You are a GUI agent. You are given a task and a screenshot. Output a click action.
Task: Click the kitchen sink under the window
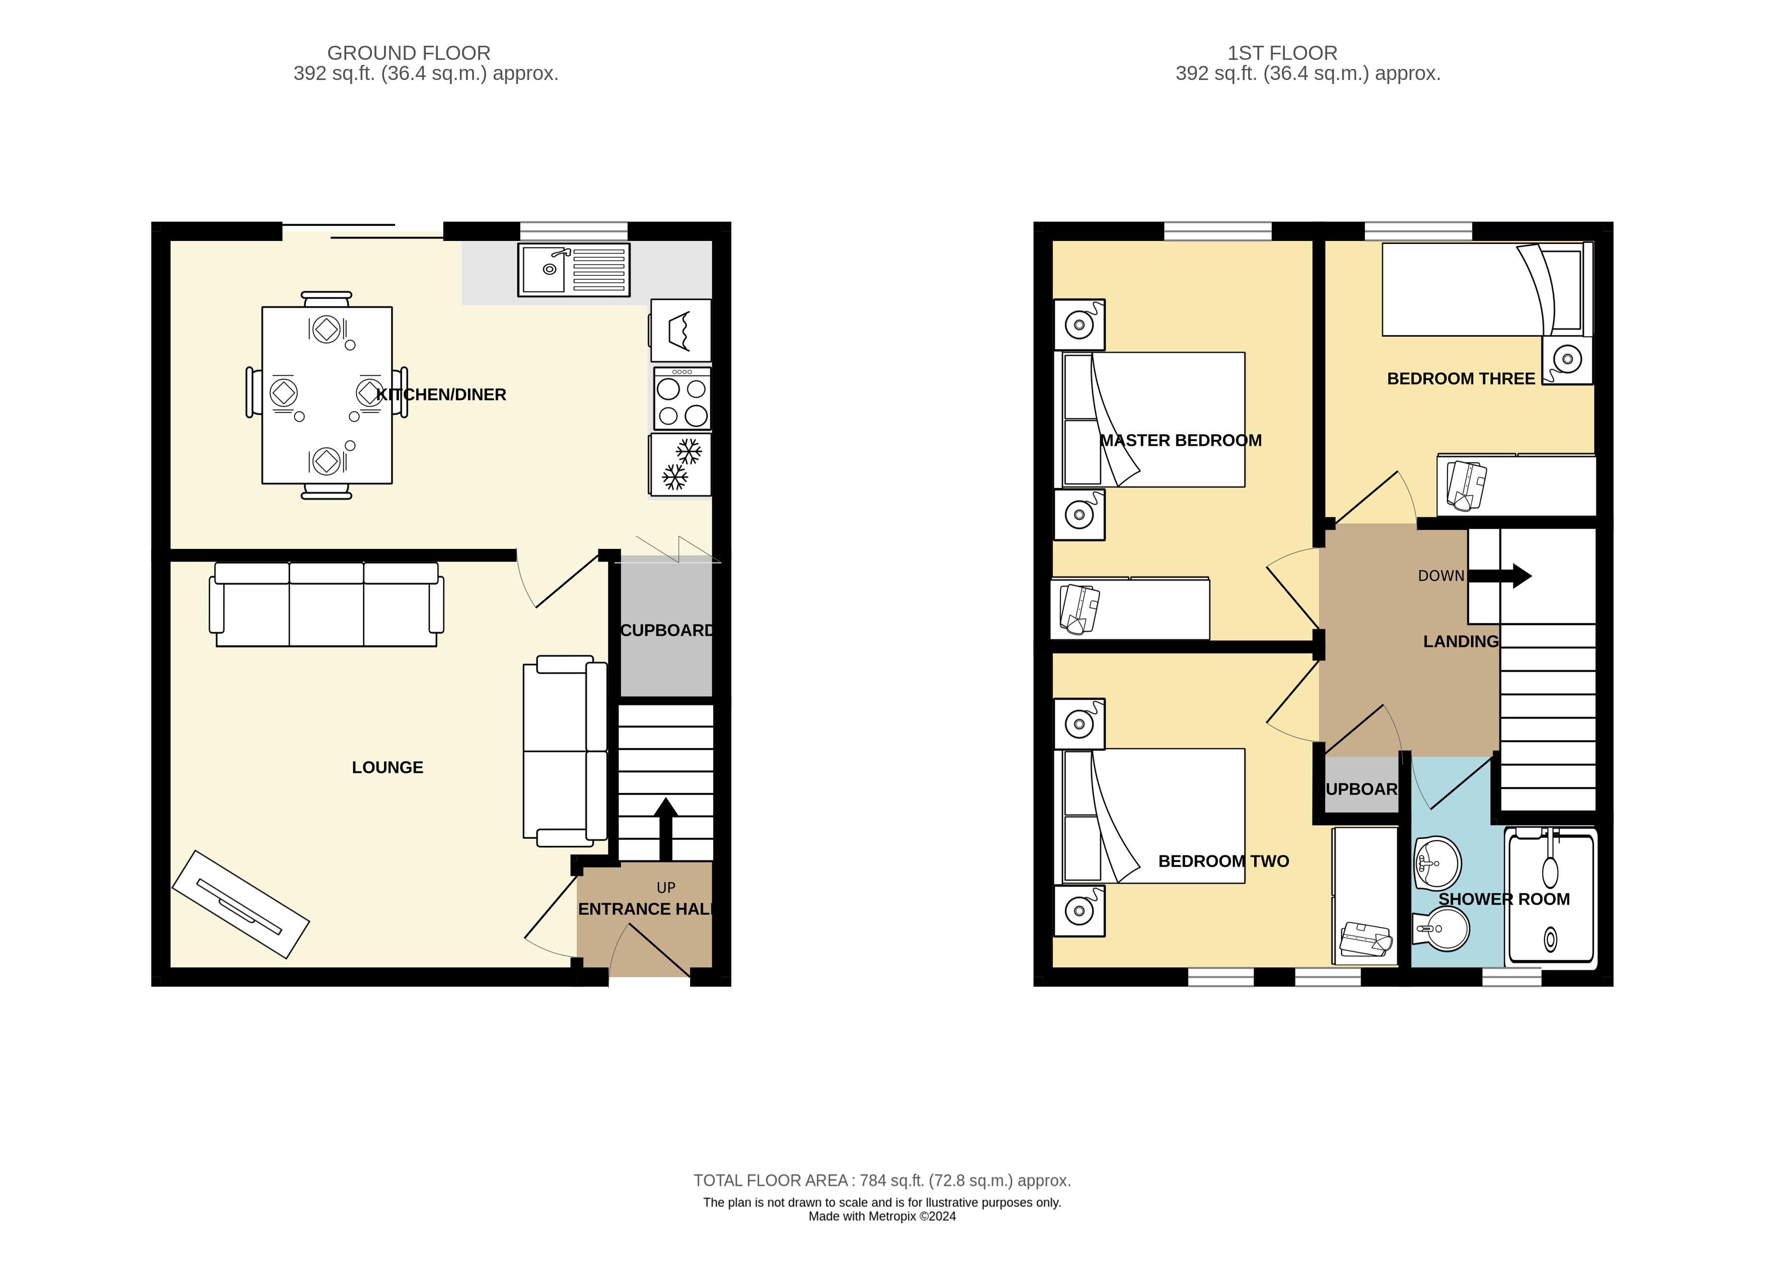pos(574,270)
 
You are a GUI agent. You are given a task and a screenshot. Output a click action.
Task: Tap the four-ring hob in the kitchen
pos(682,399)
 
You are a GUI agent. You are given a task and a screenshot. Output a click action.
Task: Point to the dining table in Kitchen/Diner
pos(327,395)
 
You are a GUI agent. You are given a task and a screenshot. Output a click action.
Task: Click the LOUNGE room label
pos(388,768)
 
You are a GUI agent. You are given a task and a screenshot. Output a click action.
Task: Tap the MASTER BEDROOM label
pos(1181,440)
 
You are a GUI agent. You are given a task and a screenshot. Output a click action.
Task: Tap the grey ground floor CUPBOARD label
pos(667,630)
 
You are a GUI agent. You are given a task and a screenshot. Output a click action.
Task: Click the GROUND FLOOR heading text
pos(409,53)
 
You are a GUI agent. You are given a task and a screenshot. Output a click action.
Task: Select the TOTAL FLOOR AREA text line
pos(882,1180)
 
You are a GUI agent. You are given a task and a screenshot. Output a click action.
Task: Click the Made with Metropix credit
pos(882,1216)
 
